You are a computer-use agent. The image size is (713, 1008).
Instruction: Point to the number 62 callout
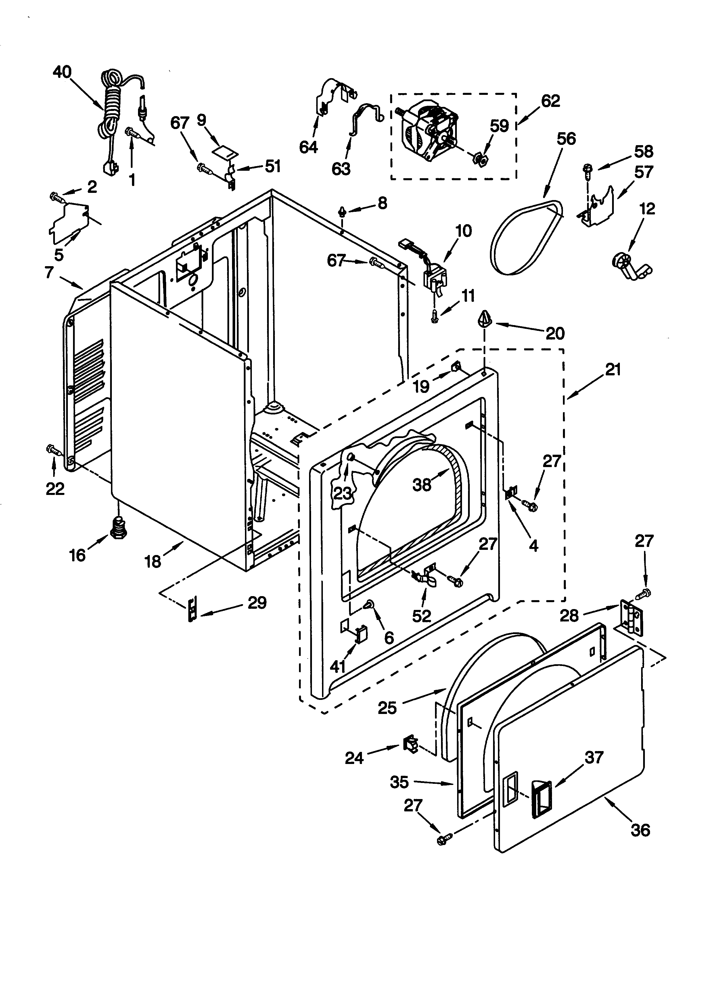(x=550, y=101)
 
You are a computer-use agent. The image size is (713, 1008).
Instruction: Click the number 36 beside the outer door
(x=640, y=830)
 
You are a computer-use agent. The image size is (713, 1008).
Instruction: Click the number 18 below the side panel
(x=153, y=562)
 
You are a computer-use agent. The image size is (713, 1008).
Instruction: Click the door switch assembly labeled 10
(x=432, y=274)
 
